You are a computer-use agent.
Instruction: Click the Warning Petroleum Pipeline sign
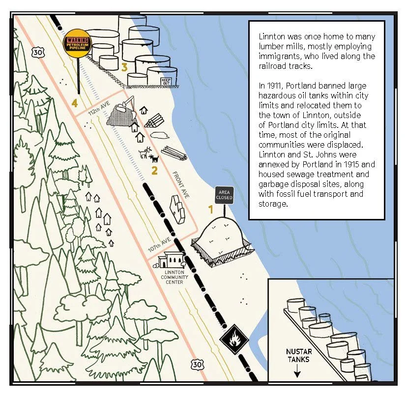click(x=78, y=46)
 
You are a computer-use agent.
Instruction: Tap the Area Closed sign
click(x=224, y=195)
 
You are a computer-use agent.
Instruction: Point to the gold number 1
click(x=210, y=209)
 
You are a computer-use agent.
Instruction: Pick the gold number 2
click(x=154, y=171)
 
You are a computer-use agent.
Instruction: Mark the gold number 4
click(x=75, y=103)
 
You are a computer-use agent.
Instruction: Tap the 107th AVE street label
click(x=159, y=245)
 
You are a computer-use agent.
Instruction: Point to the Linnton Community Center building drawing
click(x=172, y=259)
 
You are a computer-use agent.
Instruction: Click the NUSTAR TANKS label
click(x=298, y=355)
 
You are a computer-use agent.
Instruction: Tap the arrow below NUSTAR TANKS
click(x=297, y=373)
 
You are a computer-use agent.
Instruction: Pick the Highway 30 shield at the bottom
click(x=197, y=364)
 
